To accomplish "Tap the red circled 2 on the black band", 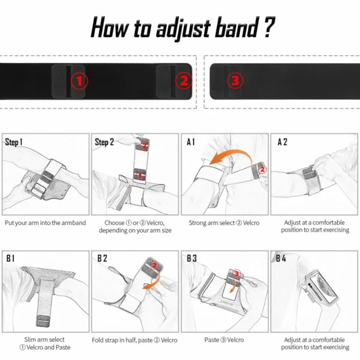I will click(x=184, y=80).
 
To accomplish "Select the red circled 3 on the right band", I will click(x=235, y=80).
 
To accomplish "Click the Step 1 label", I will click(x=14, y=143).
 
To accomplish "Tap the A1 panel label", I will click(x=191, y=143).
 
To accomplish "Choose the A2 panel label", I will click(x=282, y=143).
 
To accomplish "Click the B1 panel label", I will click(x=11, y=259).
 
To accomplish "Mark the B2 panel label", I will click(x=103, y=259).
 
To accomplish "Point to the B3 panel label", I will click(x=192, y=259).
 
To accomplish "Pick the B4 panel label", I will click(x=281, y=259).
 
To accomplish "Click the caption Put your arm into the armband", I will click(x=46, y=223).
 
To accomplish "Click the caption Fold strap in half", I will click(x=134, y=340).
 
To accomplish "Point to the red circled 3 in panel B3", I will click(x=236, y=274).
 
